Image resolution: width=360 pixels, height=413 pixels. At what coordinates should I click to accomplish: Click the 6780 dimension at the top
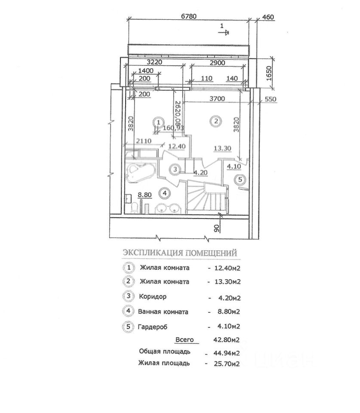click(x=190, y=17)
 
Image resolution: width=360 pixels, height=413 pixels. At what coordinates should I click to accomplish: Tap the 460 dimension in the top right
click(x=268, y=17)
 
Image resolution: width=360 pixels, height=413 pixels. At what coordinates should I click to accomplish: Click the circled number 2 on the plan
click(x=216, y=121)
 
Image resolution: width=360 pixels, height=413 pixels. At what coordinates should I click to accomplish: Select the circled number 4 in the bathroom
click(x=164, y=192)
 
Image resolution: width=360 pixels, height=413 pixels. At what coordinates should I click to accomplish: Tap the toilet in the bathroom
click(x=133, y=209)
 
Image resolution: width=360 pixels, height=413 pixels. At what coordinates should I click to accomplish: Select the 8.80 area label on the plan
click(x=145, y=194)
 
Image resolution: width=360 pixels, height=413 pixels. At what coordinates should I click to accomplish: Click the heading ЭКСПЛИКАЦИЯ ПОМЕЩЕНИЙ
click(x=180, y=253)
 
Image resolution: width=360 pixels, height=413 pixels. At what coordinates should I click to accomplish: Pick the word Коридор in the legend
click(x=153, y=297)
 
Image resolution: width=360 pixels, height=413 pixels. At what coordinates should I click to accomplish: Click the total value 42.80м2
click(x=223, y=340)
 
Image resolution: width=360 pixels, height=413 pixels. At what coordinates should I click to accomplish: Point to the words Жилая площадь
click(x=164, y=364)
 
